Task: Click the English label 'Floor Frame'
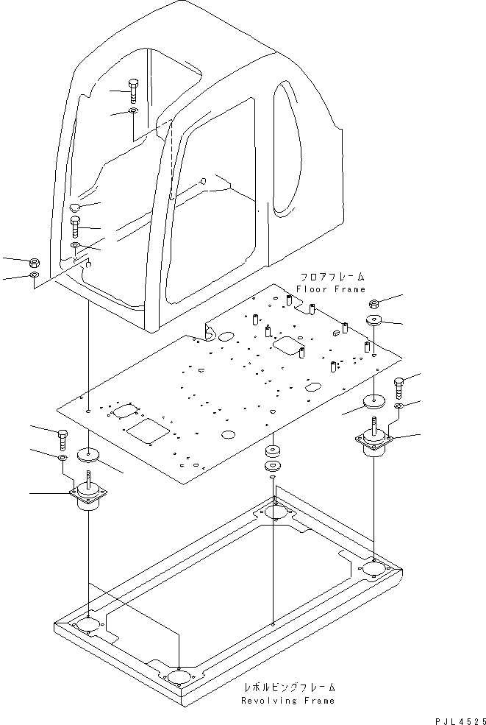coord(330,289)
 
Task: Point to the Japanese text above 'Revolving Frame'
coord(289,687)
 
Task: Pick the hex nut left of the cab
coord(34,262)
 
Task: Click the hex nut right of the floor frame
coord(374,303)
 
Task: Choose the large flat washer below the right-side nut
coord(374,321)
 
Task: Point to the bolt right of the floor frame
coord(398,385)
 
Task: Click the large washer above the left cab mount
coord(90,454)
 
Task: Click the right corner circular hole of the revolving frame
coord(375,569)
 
